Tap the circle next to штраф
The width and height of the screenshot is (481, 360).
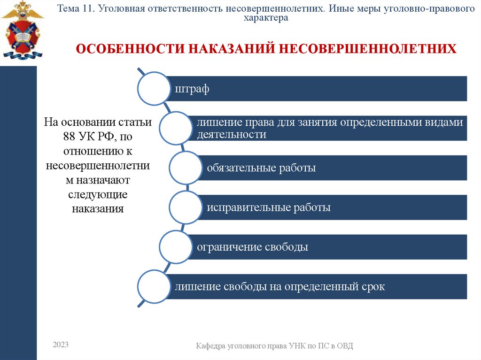click(154, 88)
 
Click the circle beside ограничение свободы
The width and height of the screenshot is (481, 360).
click(176, 246)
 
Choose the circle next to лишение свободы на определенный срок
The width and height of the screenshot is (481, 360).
click(154, 286)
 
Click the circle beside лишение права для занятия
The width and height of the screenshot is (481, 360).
click(176, 128)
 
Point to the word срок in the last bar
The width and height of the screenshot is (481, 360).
click(373, 286)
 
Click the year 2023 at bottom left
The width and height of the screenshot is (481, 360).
click(61, 345)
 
